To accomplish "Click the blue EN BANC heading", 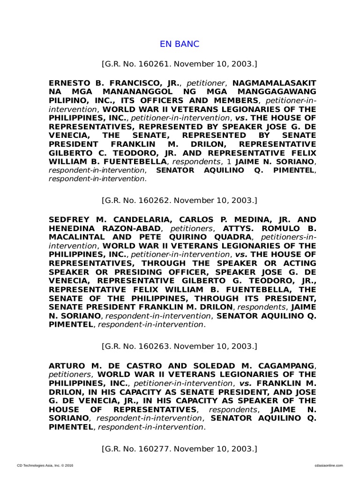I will click(180, 44).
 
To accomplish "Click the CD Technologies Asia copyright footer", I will click(45, 465).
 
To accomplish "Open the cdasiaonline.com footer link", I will click(327, 465).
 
